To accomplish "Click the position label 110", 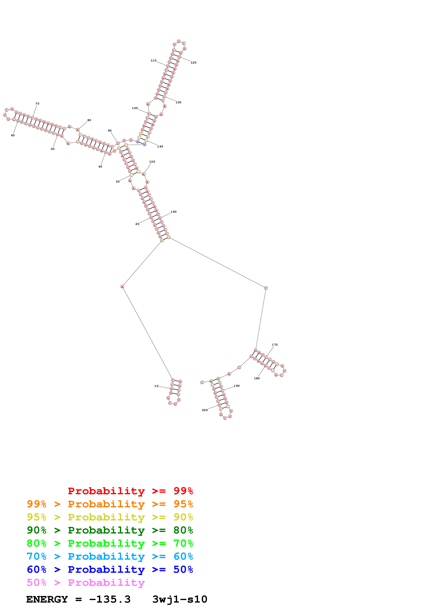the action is pos(153,61).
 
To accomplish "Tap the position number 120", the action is pos(193,63).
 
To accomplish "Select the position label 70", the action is pos(37,103).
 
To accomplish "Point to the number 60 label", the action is pos(13,135).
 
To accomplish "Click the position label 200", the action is pos(205,410).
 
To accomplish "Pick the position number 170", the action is pos(275,345).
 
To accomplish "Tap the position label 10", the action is pos(156,386).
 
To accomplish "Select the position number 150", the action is pos(152,162).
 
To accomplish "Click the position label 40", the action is pos(100,167).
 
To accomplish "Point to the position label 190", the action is pos(237,386).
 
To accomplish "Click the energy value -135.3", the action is pos(110,599).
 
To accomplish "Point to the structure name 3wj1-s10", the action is pos(180,599).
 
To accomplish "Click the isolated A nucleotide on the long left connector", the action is pos(122,286).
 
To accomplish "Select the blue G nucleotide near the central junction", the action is pos(137,142).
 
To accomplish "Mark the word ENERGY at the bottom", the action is pos(47,599).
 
